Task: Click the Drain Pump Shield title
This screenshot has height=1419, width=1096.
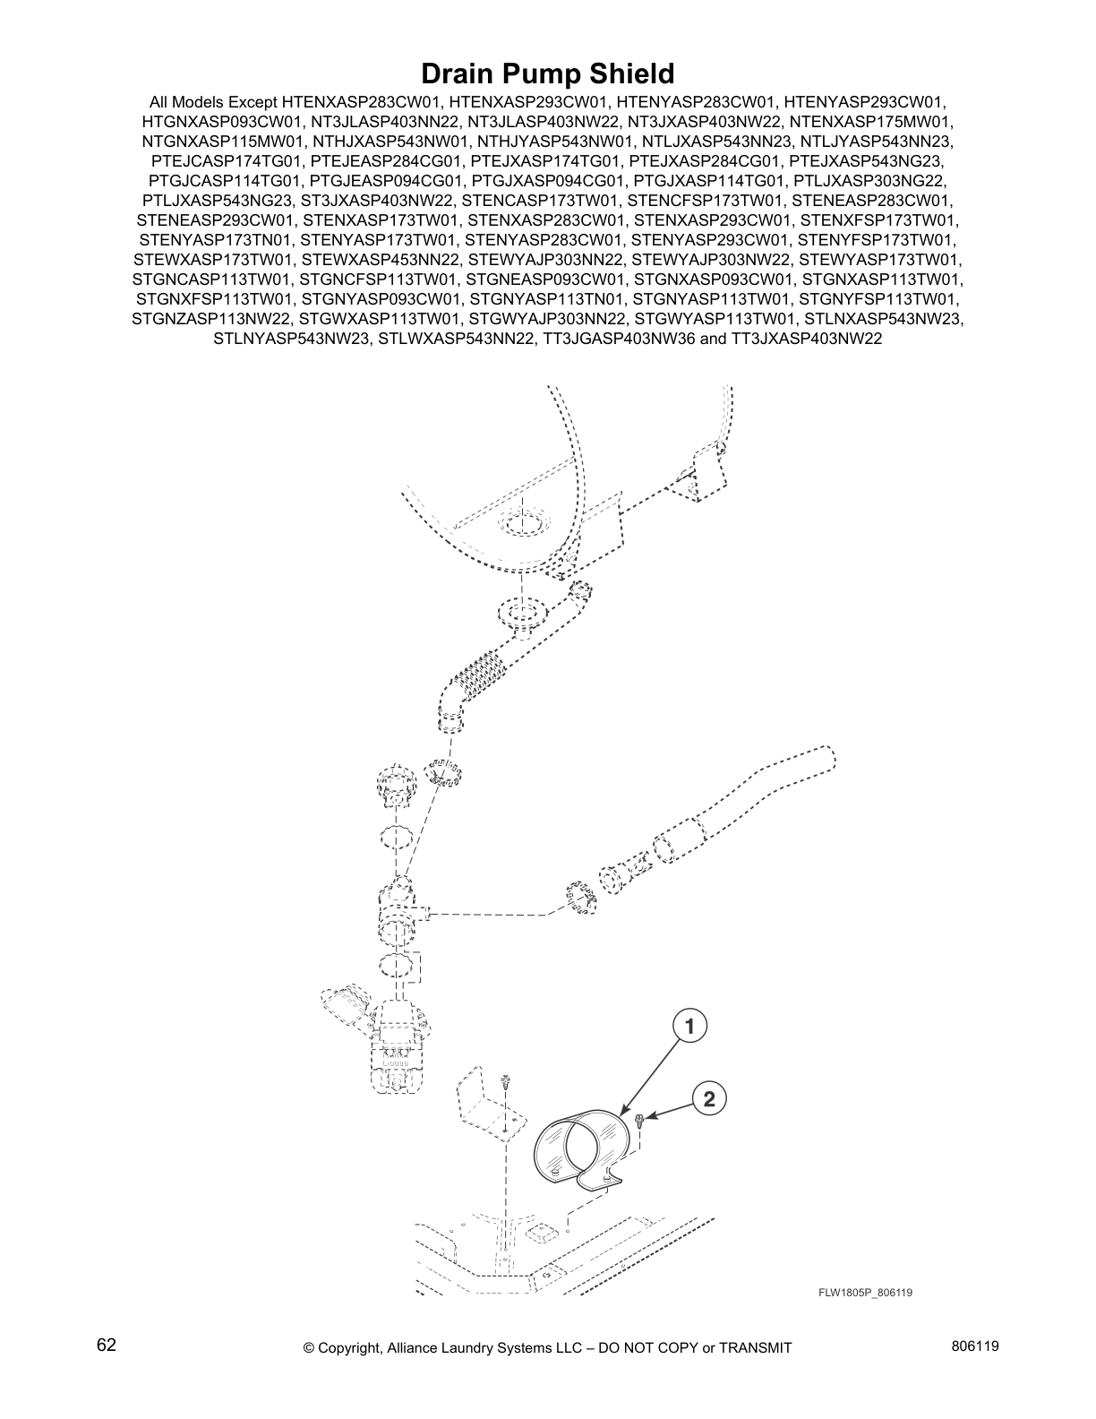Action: pyautogui.click(x=547, y=73)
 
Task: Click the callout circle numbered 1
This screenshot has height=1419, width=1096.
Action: pyautogui.click(x=689, y=1026)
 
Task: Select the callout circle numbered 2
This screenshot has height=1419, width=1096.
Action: pyautogui.click(x=708, y=1099)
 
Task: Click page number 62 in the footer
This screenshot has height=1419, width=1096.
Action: pyautogui.click(x=106, y=1346)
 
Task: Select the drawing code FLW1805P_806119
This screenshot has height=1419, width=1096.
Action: pyautogui.click(x=864, y=1292)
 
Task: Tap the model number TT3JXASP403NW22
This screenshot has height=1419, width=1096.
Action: pyautogui.click(x=807, y=339)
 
